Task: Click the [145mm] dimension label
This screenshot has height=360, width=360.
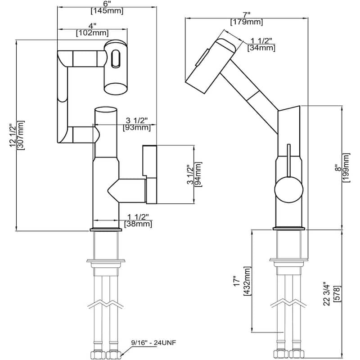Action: tap(107, 11)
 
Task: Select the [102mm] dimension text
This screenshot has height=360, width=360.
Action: tap(92, 32)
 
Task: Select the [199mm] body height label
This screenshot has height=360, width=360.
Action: tap(346, 167)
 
